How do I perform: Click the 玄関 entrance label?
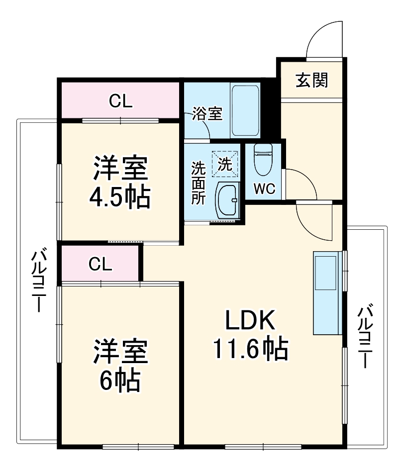point(311,80)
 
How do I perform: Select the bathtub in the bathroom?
point(245,110)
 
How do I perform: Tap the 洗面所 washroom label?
point(199,183)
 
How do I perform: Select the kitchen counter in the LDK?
point(326,293)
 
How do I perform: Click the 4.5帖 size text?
point(119,198)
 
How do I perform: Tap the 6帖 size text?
point(119,380)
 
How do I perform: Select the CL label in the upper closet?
point(120,101)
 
